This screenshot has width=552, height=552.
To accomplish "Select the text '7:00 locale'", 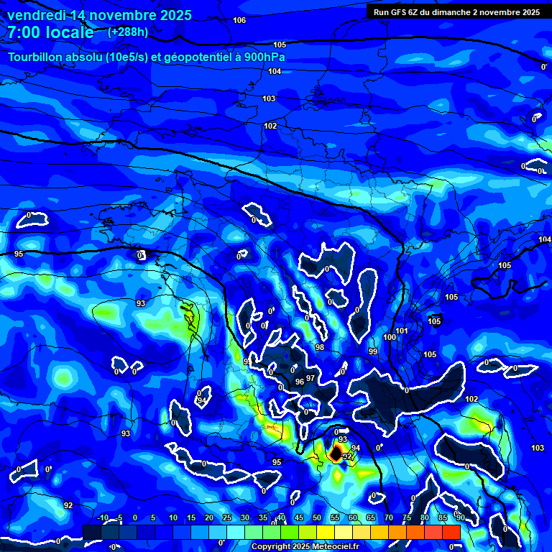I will (x=50, y=32).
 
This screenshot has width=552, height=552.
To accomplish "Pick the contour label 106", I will (x=239, y=20).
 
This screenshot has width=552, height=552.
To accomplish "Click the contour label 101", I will (x=402, y=331).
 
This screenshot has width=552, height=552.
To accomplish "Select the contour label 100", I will (x=389, y=337).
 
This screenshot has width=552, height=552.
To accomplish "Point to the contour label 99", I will (x=372, y=351).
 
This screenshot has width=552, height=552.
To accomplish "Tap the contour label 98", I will (x=319, y=347).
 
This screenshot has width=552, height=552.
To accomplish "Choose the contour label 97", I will (x=310, y=378).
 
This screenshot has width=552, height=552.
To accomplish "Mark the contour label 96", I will (x=300, y=382).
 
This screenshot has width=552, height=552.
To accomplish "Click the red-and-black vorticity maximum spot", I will (x=336, y=454).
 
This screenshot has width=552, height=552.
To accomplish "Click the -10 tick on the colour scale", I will (x=102, y=518).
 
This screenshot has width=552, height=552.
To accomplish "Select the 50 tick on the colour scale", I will (x=316, y=518).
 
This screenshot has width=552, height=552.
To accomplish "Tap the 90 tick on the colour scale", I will (x=459, y=518).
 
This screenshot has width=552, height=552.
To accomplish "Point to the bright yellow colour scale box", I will (x=344, y=532).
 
